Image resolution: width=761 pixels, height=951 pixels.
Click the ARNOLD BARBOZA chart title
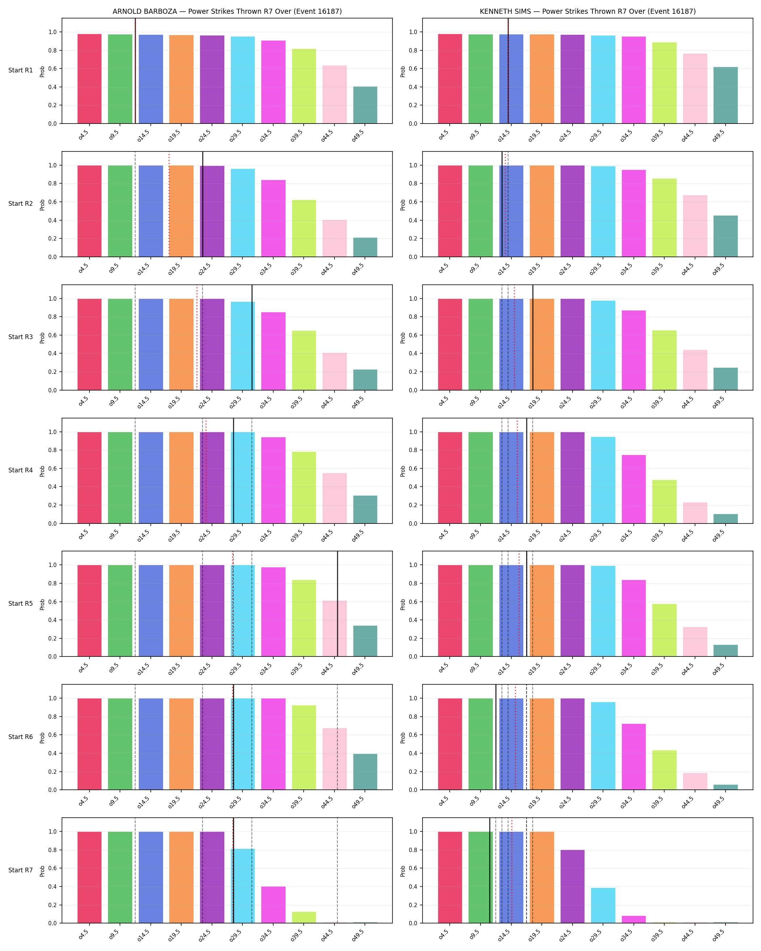(227, 12)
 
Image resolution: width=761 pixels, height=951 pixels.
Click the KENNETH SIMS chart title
(588, 12)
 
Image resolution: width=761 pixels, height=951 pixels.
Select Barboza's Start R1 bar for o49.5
(365, 105)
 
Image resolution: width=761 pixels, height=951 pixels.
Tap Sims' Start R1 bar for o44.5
(695, 89)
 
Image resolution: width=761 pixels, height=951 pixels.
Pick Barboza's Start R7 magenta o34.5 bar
(274, 905)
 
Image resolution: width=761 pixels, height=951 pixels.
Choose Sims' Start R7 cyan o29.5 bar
(603, 906)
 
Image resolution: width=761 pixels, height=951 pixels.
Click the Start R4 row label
(20, 470)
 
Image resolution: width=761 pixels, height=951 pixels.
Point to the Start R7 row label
(20, 870)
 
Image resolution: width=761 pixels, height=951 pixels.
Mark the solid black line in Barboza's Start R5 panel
(337, 604)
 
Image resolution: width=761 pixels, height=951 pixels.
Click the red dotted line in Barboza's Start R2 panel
(169, 204)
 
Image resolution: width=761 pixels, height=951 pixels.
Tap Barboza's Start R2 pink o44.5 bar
(334, 238)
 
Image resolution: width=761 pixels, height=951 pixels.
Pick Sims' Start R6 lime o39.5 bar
(664, 770)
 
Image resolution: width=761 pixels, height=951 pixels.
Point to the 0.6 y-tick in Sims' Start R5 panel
(412, 602)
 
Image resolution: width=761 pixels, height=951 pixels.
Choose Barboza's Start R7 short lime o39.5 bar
(304, 917)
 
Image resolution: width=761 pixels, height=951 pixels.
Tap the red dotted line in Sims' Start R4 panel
(517, 471)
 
